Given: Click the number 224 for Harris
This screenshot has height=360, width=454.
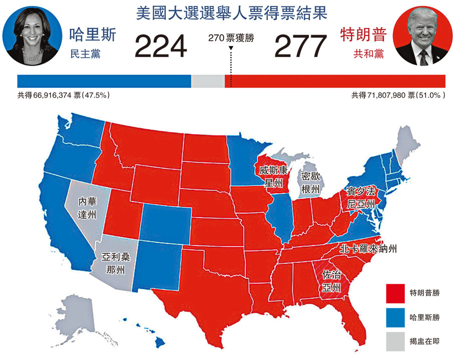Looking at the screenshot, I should coord(160,46).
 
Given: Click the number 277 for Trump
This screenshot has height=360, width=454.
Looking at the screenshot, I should coord(301,46).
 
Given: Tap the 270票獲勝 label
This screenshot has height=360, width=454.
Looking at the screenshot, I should coord(231,38).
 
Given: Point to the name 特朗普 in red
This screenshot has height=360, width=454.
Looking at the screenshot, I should coord(363,35).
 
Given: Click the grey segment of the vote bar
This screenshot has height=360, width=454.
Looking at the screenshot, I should coord(208,81).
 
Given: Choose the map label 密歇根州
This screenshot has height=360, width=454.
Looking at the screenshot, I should coord(311,183).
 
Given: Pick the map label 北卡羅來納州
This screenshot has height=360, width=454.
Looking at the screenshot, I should coord(368,249).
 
